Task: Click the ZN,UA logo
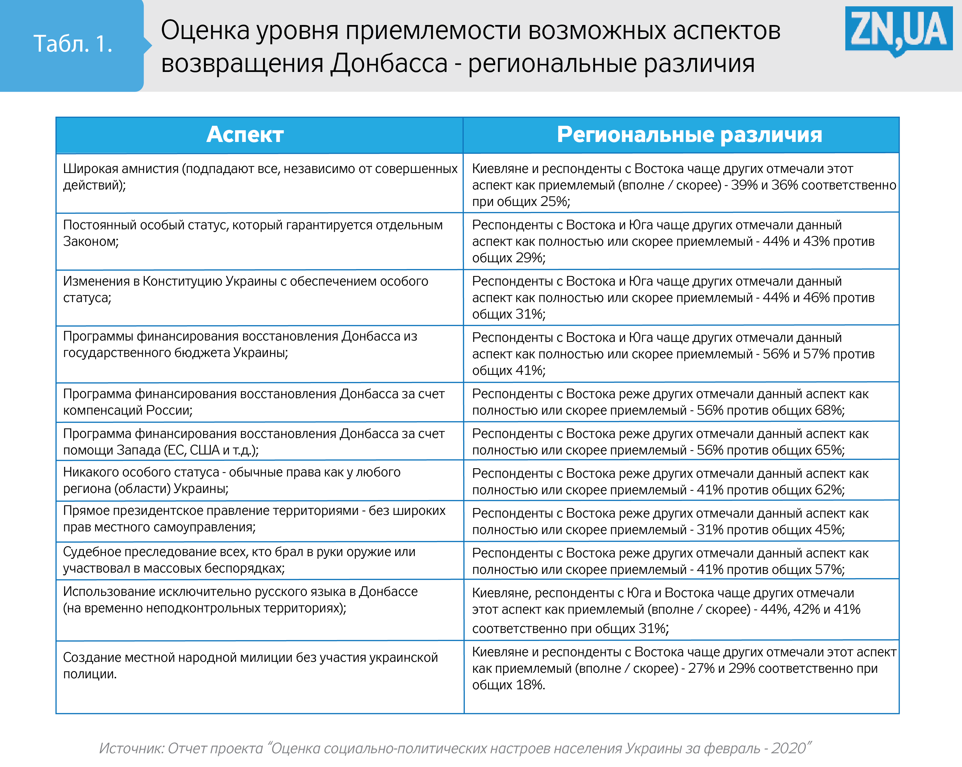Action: click(x=898, y=30)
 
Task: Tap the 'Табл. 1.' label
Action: click(x=72, y=44)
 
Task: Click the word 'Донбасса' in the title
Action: click(x=389, y=63)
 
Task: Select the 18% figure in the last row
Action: click(x=530, y=685)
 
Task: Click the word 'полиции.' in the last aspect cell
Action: click(x=90, y=674)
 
